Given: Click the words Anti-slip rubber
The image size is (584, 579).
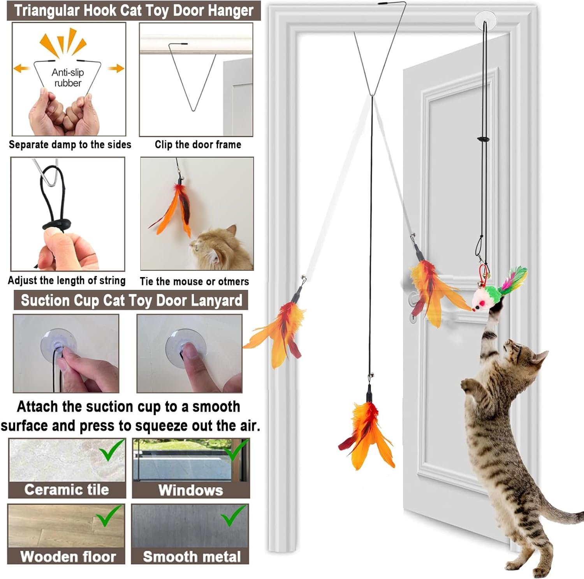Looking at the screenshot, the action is click(x=68, y=78).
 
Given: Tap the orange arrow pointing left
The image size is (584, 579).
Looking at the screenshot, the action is click(x=21, y=69).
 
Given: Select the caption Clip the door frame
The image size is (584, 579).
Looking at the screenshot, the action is click(x=198, y=145).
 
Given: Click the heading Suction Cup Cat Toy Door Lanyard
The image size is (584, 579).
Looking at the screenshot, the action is click(x=131, y=300).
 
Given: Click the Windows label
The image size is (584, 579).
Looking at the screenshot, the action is click(x=191, y=490).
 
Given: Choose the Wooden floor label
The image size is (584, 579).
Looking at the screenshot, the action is click(x=68, y=556).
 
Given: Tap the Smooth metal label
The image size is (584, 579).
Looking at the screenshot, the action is click(x=192, y=556).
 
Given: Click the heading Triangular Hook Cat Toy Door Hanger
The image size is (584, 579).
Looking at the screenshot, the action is click(x=134, y=11).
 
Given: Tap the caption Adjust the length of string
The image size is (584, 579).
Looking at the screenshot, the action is click(x=67, y=281).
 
